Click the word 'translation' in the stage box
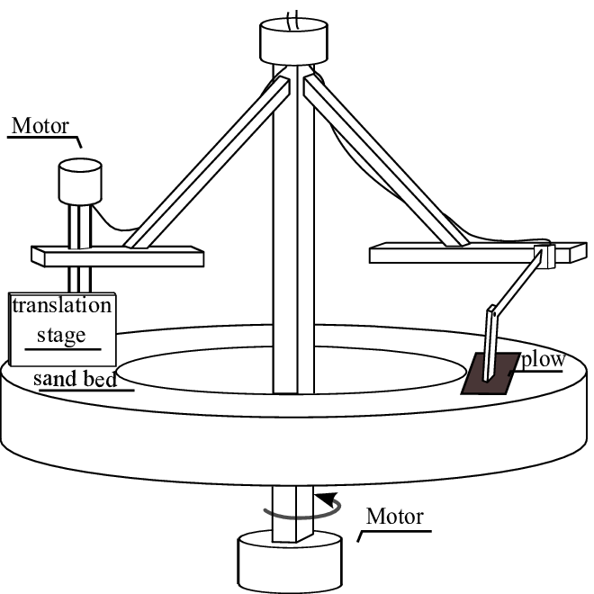click(x=61, y=305)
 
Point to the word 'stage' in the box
click(x=61, y=336)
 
